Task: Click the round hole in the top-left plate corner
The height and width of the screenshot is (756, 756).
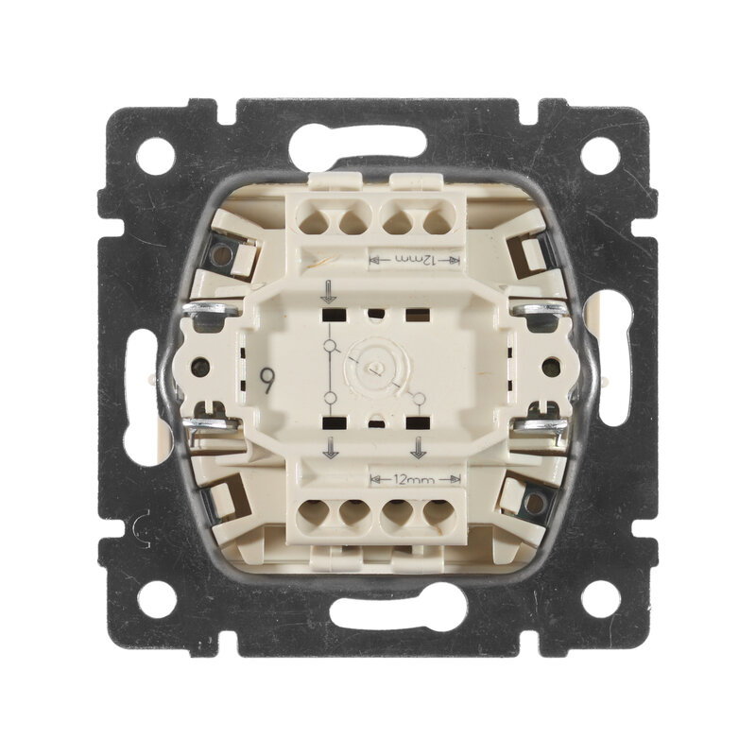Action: click(155, 156)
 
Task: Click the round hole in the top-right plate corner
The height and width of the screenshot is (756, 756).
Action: click(600, 156)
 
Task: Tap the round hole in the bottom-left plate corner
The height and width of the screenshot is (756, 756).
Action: click(156, 599)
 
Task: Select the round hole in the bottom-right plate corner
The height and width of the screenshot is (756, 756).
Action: click(600, 599)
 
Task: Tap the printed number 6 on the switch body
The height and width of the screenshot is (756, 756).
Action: click(266, 381)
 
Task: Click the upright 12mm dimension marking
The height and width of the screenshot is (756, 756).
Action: click(415, 480)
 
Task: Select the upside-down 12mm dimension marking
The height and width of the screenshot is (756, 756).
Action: click(415, 261)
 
